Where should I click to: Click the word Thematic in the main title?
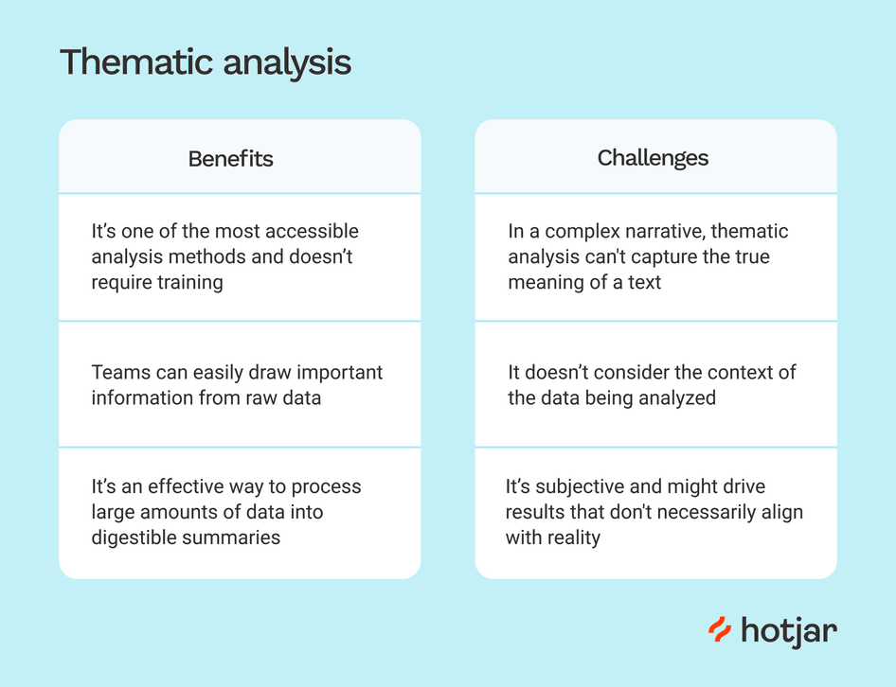(x=136, y=62)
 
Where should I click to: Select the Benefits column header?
(x=230, y=158)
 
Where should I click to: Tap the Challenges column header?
(x=653, y=158)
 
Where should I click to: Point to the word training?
(x=188, y=283)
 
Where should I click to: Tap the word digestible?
(x=135, y=537)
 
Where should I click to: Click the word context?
(x=727, y=372)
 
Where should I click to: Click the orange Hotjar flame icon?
(x=720, y=630)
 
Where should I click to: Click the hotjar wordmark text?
(x=788, y=631)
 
